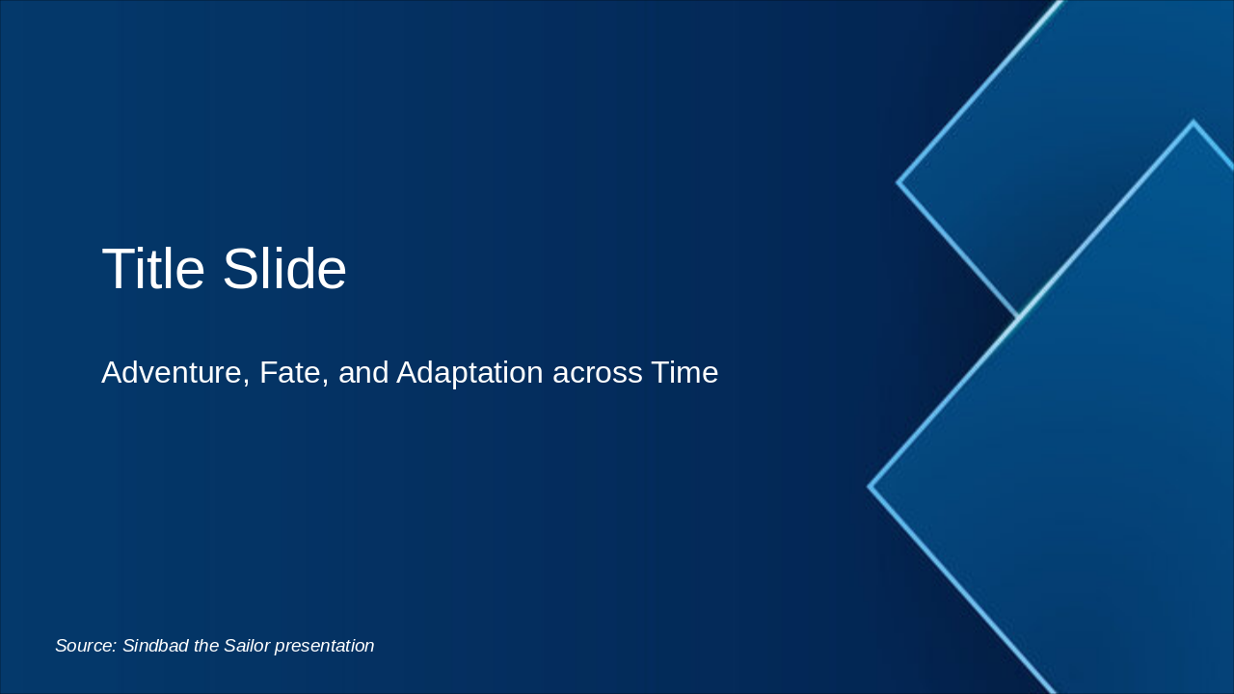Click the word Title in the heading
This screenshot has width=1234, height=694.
(153, 268)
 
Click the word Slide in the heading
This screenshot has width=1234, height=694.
(284, 268)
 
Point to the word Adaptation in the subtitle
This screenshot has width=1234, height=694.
(469, 374)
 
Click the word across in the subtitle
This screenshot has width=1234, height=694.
(597, 375)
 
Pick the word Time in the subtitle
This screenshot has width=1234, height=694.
(684, 372)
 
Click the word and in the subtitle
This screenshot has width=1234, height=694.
(363, 372)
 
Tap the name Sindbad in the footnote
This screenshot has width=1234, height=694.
(155, 646)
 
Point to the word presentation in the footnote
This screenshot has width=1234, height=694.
(325, 647)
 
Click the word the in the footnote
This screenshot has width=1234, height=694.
(206, 646)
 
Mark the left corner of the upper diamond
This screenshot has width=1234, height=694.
(898, 182)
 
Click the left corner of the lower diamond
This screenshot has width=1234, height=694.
(869, 487)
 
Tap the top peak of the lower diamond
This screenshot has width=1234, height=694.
(1194, 121)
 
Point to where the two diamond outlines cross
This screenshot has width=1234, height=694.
(1017, 316)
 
